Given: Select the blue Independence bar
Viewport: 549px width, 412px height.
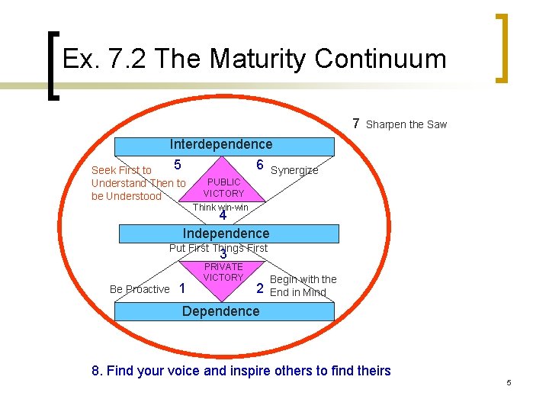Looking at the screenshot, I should [x=226, y=233].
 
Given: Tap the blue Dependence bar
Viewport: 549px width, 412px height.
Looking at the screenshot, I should [x=221, y=311].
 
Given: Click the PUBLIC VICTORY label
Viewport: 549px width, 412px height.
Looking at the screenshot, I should [x=223, y=188].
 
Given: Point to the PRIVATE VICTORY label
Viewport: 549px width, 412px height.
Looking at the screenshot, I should [x=223, y=272].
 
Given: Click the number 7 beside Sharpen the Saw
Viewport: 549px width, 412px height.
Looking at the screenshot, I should [x=356, y=124].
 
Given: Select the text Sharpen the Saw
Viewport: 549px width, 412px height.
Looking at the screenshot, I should [x=406, y=124].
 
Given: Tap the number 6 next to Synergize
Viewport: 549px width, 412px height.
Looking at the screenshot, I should [x=260, y=166].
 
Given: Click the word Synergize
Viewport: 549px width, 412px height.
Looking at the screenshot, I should [x=295, y=171].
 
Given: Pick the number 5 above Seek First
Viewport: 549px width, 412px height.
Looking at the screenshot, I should [x=177, y=165].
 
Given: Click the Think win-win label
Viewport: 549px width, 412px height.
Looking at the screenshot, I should [x=220, y=208].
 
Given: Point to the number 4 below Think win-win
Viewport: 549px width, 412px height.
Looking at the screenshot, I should [x=223, y=217].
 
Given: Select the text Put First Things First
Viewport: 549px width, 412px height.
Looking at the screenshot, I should [x=218, y=248].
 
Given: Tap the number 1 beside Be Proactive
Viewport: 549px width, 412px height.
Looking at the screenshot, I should [x=181, y=288].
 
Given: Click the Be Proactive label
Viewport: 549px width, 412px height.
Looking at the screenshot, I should [x=140, y=289].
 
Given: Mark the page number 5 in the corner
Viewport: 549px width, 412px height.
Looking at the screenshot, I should [x=509, y=382].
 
